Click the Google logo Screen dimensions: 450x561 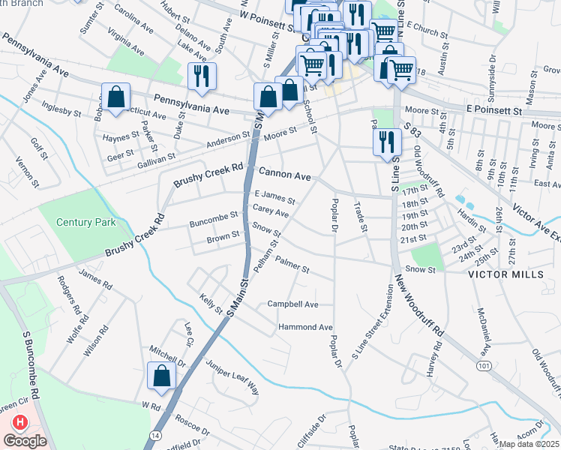[25, 441]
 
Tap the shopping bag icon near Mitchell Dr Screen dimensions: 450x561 [162, 376]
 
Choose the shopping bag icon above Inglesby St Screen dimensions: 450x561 [116, 97]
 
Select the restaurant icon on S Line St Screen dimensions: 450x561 [386, 140]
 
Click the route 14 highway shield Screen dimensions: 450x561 [155, 434]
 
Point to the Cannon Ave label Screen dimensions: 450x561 [285, 175]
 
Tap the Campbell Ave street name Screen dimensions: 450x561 [293, 304]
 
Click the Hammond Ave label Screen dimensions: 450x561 [305, 328]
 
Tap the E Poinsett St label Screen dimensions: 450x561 [493, 110]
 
